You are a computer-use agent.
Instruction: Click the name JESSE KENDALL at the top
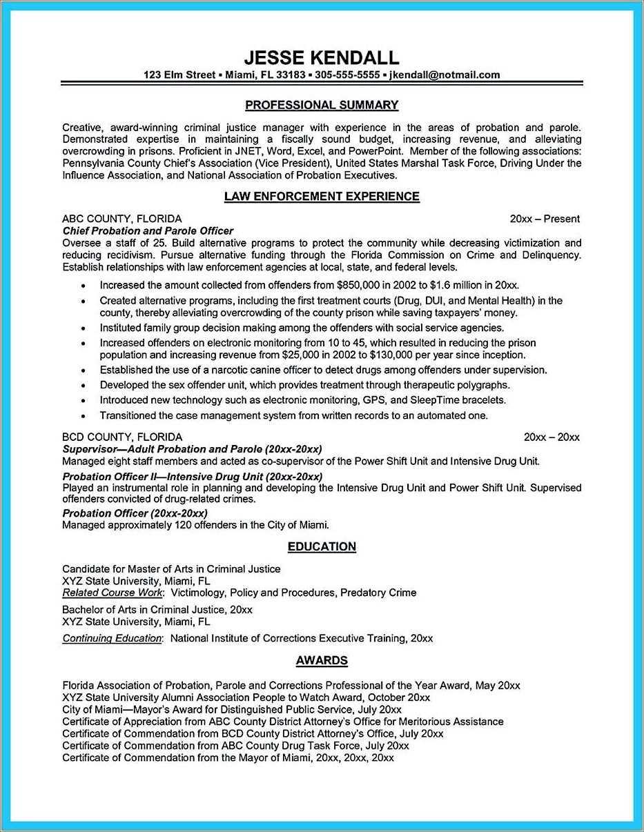tap(322, 57)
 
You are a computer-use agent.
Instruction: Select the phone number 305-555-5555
tap(347, 75)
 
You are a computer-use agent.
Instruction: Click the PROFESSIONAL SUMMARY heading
tap(322, 105)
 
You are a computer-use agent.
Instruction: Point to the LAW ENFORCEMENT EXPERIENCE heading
tap(322, 197)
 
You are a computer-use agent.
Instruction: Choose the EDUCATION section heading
tap(322, 546)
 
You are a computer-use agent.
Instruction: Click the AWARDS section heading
tap(322, 660)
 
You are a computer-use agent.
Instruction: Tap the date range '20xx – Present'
tap(545, 219)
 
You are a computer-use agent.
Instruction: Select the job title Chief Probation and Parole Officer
tap(148, 231)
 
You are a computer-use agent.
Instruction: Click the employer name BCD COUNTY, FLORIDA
tap(122, 437)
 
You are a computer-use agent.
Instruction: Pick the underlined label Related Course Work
tap(113, 593)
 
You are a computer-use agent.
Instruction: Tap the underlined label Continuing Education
tap(112, 638)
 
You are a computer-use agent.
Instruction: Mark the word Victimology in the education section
tap(197, 593)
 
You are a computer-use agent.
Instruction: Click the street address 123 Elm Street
tap(179, 75)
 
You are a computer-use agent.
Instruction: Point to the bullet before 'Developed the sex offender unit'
tap(84, 386)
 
